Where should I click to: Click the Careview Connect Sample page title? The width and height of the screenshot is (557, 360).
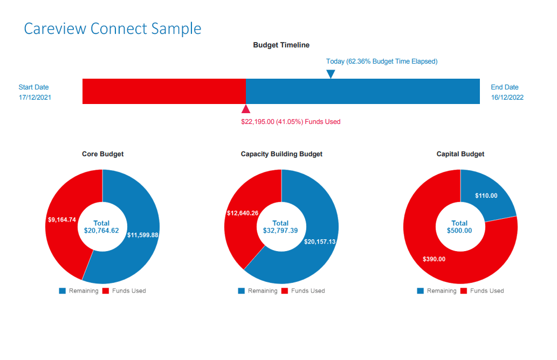(x=113, y=28)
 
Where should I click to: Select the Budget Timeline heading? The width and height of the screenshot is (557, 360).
(x=281, y=45)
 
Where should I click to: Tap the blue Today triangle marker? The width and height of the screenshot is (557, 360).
(x=331, y=74)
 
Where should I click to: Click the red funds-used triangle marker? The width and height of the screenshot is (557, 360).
(x=246, y=109)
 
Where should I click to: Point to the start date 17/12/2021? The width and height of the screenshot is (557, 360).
(x=35, y=98)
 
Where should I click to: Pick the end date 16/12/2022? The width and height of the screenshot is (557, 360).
(x=507, y=98)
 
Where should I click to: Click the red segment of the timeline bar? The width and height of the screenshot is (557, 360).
(x=164, y=91)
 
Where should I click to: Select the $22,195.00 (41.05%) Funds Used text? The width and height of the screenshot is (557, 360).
(x=291, y=122)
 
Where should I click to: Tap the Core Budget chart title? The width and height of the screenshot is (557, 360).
(x=102, y=154)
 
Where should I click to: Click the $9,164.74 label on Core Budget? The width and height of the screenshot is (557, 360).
(x=61, y=220)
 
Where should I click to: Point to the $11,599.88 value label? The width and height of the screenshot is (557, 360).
(x=142, y=235)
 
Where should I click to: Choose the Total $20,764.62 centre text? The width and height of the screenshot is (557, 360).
(x=101, y=227)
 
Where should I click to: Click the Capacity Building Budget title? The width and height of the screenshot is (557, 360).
(x=281, y=154)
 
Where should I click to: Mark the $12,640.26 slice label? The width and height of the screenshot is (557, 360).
(x=242, y=213)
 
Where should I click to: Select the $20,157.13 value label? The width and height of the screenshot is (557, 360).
(x=320, y=242)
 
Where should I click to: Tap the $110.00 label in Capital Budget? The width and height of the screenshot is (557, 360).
(x=486, y=196)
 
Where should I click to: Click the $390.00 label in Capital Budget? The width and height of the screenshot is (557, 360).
(x=434, y=259)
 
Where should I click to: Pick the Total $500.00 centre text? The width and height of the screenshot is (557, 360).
(x=459, y=227)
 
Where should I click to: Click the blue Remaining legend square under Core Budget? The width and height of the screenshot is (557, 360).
(x=63, y=291)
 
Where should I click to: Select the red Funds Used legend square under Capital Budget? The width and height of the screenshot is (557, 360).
(x=464, y=291)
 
